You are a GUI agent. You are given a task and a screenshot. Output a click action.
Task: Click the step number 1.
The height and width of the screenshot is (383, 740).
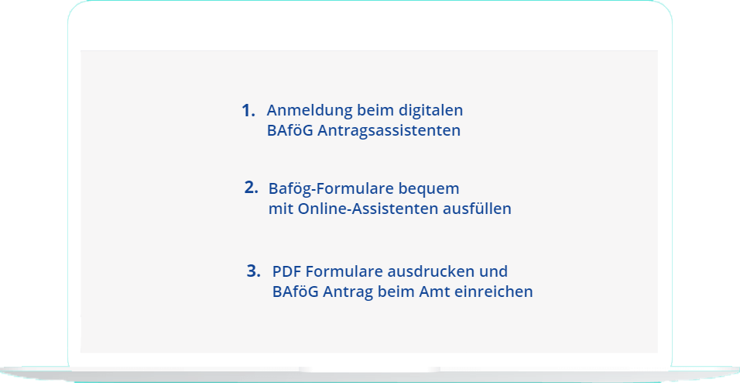(x=248, y=111)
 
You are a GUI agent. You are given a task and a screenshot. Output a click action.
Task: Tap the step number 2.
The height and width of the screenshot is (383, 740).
(x=251, y=188)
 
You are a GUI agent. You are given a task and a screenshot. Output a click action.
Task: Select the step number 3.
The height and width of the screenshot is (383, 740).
(x=253, y=271)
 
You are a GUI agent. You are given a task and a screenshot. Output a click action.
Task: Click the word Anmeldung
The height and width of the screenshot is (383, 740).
(x=310, y=111)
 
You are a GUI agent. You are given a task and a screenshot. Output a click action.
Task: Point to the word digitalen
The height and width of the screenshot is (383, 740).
(x=431, y=111)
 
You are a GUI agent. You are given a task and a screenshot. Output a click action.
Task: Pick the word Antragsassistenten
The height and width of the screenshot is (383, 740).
(x=389, y=131)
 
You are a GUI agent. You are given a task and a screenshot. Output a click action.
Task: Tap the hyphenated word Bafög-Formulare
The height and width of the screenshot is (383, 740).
(x=324, y=188)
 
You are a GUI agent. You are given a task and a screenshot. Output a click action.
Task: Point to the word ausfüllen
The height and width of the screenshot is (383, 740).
(x=477, y=209)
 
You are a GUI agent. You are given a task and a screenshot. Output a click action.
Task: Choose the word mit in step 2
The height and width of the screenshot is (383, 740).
(x=281, y=209)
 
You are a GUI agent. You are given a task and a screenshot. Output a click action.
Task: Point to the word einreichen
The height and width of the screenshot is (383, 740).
(x=494, y=292)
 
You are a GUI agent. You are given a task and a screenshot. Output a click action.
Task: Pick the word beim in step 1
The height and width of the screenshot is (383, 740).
(x=375, y=111)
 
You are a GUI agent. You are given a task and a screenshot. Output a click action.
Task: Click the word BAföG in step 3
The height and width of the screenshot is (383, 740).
(x=296, y=292)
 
